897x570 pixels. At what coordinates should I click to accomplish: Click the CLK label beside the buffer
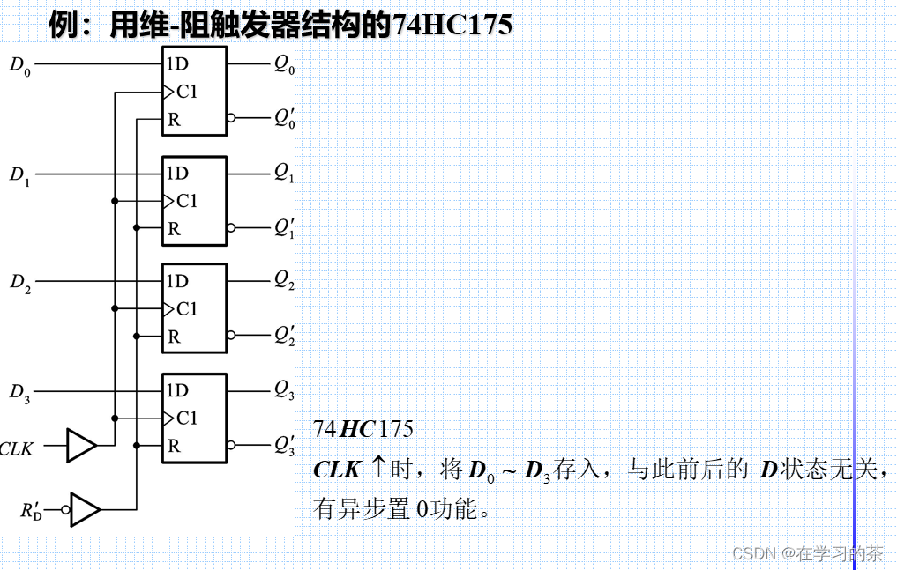point(17,449)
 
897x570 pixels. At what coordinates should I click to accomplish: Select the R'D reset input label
point(31,510)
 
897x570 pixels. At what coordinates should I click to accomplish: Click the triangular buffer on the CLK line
point(82,446)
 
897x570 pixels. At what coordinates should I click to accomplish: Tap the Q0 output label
point(284,65)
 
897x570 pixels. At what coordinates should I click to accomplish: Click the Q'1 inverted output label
point(284,228)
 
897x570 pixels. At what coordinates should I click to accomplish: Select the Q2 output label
point(284,282)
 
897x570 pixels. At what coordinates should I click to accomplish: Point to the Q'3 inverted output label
point(284,446)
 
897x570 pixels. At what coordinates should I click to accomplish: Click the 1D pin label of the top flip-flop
point(177,63)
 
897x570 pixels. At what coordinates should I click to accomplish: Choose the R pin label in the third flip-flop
point(174,337)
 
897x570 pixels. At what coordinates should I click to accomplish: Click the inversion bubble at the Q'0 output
point(231,118)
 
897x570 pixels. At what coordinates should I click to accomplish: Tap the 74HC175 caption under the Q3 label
point(363,429)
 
